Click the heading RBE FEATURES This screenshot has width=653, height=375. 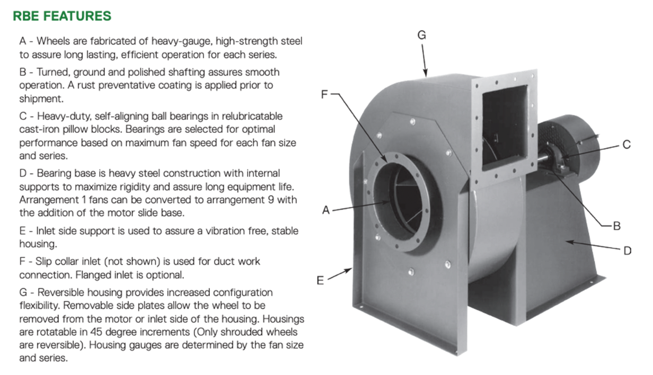pyautogui.click(x=62, y=16)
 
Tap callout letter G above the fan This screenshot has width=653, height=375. pyautogui.click(x=421, y=35)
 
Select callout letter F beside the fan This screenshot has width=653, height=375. pyautogui.click(x=324, y=94)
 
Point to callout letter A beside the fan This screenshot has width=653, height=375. pyautogui.click(x=326, y=210)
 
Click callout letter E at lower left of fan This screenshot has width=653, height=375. pyautogui.click(x=320, y=281)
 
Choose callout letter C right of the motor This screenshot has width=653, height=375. pyautogui.click(x=626, y=145)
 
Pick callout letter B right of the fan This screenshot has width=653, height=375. pyautogui.click(x=617, y=226)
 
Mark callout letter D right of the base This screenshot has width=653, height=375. pyautogui.click(x=628, y=251)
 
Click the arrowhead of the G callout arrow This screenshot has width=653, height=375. pyautogui.click(x=426, y=74)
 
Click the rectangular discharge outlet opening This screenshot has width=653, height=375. pyautogui.click(x=505, y=126)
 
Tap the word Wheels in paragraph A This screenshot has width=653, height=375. pyautogui.click(x=54, y=41)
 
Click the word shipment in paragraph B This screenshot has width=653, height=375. pyautogui.click(x=41, y=99)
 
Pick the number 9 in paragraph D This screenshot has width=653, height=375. pyautogui.click(x=271, y=200)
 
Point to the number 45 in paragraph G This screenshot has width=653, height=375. pyautogui.click(x=96, y=332)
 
